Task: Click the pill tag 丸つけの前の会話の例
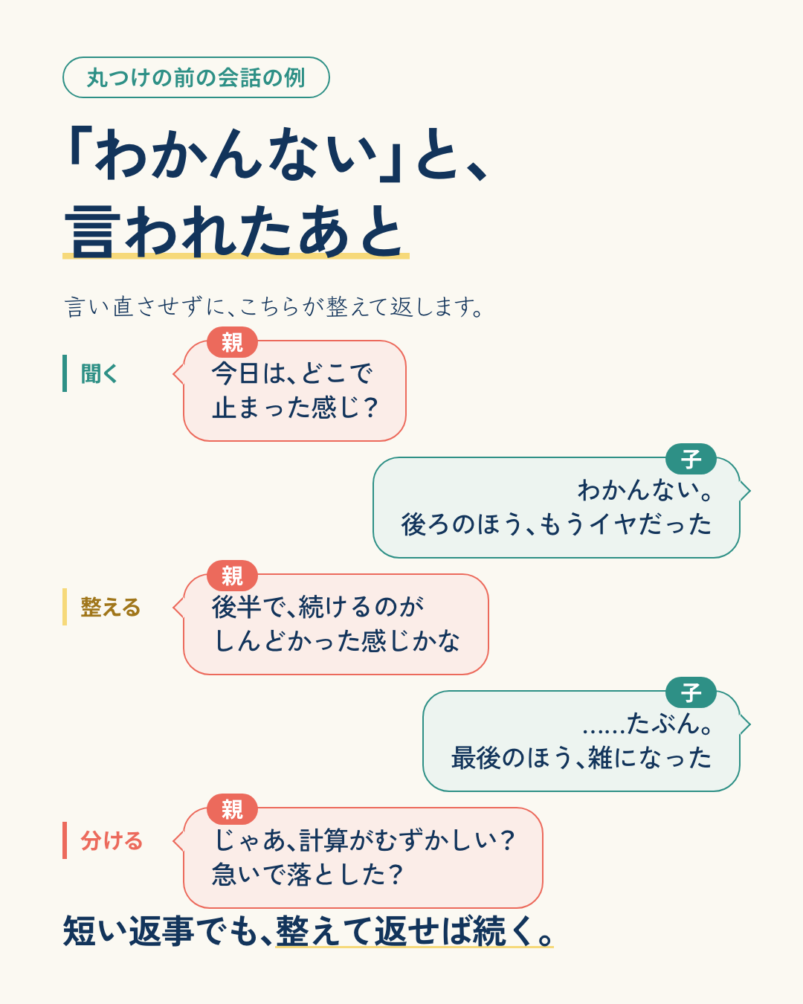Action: click(196, 77)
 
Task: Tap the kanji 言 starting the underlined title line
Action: click(89, 231)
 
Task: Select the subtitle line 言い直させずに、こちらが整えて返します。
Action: click(274, 307)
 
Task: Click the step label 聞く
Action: click(99, 373)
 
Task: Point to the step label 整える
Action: click(110, 607)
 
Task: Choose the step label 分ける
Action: click(111, 840)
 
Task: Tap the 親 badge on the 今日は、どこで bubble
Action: click(233, 342)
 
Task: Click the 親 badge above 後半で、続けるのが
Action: click(233, 576)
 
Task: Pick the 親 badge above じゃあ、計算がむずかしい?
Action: click(233, 809)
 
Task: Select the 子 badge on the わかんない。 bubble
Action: click(691, 459)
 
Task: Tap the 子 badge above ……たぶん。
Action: click(691, 693)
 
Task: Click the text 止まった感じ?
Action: click(294, 408)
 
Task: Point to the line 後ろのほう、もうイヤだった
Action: click(556, 524)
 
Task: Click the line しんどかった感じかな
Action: click(336, 641)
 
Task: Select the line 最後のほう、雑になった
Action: click(581, 758)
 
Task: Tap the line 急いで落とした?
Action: click(306, 875)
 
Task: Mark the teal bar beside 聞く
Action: click(65, 373)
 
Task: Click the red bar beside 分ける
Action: click(65, 840)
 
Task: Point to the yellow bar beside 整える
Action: click(65, 607)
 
